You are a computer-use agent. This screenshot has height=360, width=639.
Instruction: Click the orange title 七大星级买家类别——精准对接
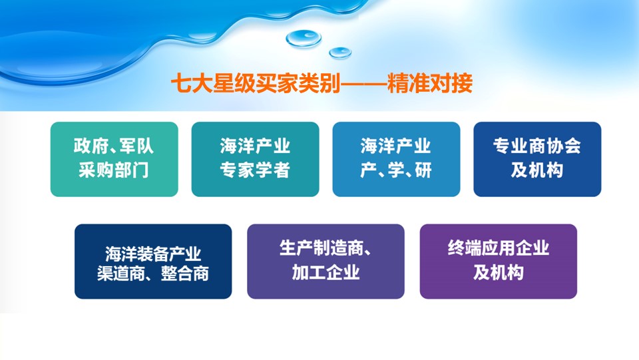(x=321, y=83)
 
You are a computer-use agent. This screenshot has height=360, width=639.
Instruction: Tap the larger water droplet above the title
(x=304, y=39)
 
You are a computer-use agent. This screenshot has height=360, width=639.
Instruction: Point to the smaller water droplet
(x=340, y=53)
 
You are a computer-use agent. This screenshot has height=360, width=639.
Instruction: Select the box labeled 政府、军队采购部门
(x=114, y=159)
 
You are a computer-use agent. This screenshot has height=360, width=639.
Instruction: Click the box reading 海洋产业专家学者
(x=255, y=159)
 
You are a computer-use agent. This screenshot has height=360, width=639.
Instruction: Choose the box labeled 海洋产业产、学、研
(x=396, y=159)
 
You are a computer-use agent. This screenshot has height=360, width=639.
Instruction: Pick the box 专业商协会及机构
(x=537, y=159)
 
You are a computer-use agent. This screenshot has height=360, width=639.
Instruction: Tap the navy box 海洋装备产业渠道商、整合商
(x=153, y=262)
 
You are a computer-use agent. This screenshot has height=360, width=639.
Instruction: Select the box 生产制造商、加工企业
(x=325, y=262)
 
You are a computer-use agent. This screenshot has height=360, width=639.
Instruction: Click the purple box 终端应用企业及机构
(x=499, y=262)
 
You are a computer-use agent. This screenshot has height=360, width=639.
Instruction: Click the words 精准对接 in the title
(x=429, y=83)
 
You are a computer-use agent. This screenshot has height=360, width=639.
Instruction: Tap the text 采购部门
(x=114, y=170)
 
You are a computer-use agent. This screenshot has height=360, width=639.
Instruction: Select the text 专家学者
(x=255, y=170)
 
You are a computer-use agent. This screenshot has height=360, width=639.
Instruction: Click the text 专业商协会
(x=537, y=146)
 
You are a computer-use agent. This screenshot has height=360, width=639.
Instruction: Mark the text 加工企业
(x=325, y=272)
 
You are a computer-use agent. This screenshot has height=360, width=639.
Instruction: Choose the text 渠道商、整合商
(x=153, y=273)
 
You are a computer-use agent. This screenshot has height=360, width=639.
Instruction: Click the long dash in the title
(x=363, y=85)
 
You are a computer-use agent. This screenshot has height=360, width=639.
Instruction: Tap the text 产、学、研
(x=395, y=170)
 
